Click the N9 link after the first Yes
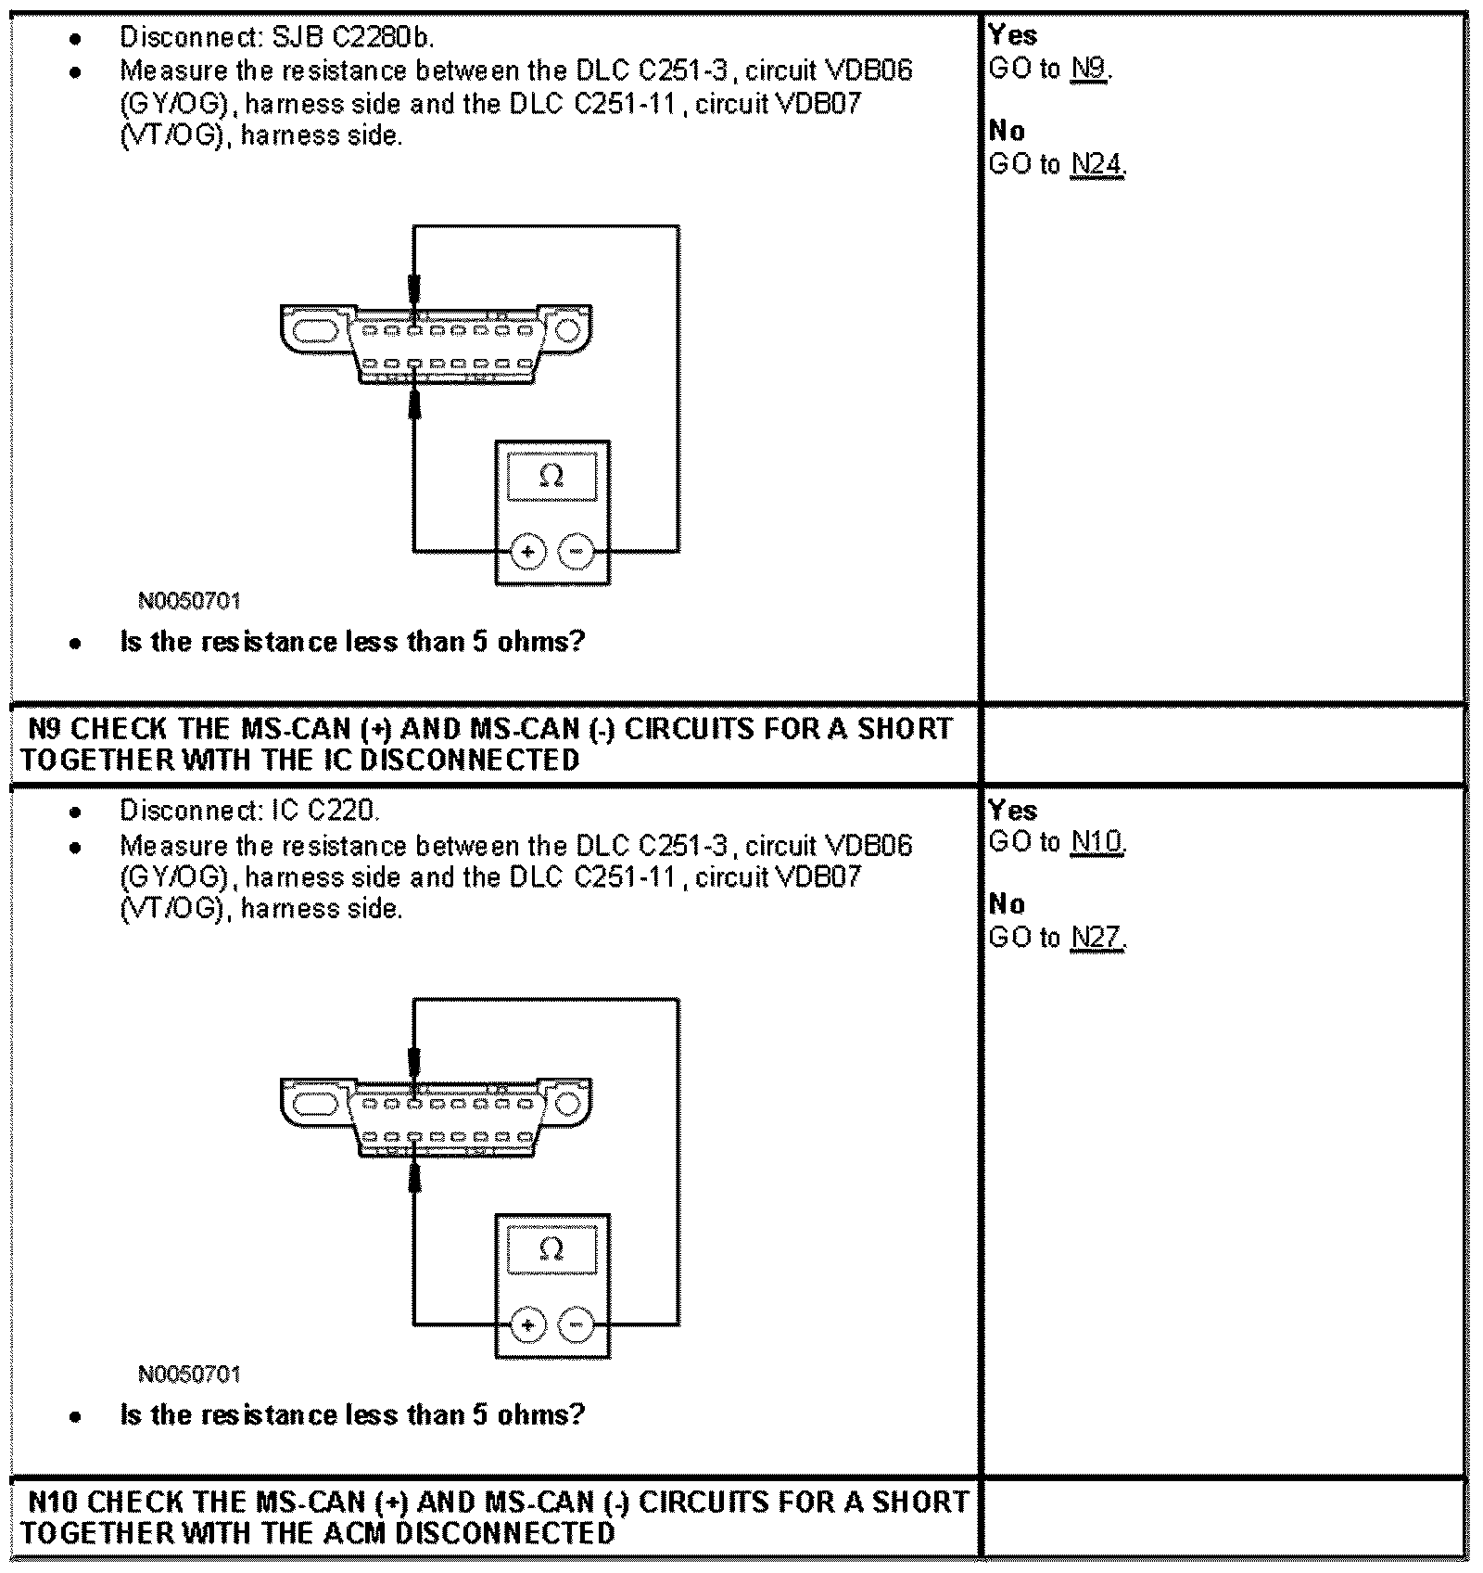(x=1089, y=69)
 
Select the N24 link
(x=1096, y=165)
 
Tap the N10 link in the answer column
(x=1096, y=842)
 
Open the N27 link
(x=1096, y=939)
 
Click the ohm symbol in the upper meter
(x=551, y=477)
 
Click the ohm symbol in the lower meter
(x=551, y=1249)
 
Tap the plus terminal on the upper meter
(x=527, y=552)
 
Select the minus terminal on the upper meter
(x=577, y=552)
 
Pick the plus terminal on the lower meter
(x=527, y=1324)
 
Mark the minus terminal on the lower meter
(x=577, y=1324)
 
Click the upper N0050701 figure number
(x=189, y=601)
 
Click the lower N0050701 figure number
(x=189, y=1374)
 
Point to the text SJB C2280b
(x=353, y=38)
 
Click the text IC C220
(x=324, y=811)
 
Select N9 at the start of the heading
(x=44, y=729)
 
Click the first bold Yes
(x=1012, y=35)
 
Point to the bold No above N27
(x=1007, y=904)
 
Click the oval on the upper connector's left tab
(x=315, y=330)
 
